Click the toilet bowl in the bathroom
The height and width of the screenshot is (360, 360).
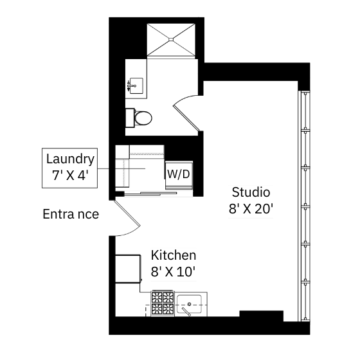tap(143, 118)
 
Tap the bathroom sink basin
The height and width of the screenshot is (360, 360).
tap(136, 85)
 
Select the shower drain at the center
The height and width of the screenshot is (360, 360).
tap(171, 39)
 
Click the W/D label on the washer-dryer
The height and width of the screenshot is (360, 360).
tap(179, 174)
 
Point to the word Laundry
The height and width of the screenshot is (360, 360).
tap(70, 159)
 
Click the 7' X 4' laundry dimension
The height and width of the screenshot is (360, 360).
tap(70, 175)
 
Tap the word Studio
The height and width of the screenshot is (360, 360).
tap(251, 192)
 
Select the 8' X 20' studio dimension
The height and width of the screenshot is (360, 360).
tap(251, 209)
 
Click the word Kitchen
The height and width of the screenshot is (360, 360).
tap(174, 255)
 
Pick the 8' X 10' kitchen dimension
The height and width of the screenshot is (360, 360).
tap(173, 272)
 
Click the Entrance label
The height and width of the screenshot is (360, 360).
tap(71, 214)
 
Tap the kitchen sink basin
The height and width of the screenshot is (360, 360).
tap(189, 304)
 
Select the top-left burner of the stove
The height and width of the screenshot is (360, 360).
tap(157, 298)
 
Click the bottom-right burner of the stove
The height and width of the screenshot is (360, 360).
tap(168, 309)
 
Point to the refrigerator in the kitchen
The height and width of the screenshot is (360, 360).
tap(128, 269)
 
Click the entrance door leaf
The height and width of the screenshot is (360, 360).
tap(127, 213)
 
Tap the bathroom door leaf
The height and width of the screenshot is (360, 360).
tap(186, 118)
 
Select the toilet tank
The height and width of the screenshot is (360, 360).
tap(130, 118)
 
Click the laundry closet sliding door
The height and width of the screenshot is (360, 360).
tap(150, 194)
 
